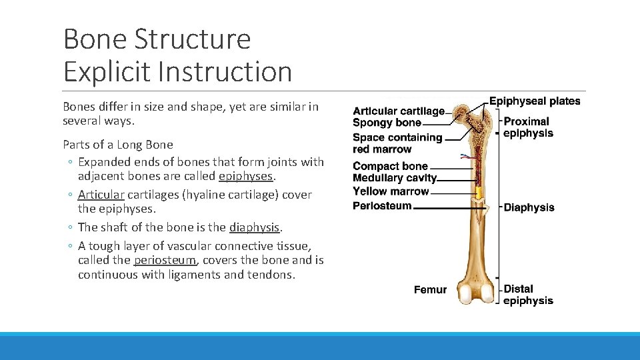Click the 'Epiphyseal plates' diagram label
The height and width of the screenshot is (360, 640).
535,101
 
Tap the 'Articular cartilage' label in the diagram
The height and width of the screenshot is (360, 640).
398,111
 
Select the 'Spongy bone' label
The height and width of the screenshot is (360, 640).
387,123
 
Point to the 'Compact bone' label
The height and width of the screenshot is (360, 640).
390,166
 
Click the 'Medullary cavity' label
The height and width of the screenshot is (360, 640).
395,178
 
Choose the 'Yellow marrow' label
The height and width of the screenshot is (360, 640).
391,191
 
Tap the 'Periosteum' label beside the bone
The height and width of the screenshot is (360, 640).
382,206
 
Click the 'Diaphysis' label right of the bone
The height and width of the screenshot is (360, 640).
529,207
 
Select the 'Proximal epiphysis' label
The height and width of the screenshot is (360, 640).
527,127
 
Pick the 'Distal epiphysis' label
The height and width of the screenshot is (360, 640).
528,295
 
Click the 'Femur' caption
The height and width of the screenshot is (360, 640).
430,289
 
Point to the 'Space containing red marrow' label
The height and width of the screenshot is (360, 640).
397,143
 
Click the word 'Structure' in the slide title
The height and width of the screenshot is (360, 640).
193,39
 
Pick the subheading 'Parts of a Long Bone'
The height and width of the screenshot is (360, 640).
118,145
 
